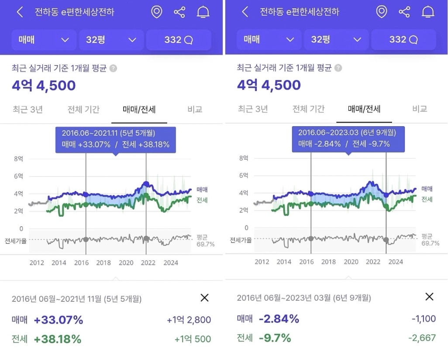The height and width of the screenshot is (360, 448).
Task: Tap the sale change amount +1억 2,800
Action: pos(189,320)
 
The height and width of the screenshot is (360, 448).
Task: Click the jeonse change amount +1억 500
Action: pos(193,339)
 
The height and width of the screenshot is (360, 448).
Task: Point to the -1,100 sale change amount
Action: pos(424,319)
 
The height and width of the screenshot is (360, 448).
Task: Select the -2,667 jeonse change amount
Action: pos(422,338)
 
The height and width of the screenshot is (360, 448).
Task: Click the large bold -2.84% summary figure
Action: pos(279,319)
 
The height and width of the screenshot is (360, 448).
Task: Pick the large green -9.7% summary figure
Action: pos(275,338)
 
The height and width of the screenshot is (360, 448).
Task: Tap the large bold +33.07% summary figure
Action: pos(58,320)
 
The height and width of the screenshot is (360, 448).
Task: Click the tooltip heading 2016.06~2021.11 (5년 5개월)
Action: pos(108,133)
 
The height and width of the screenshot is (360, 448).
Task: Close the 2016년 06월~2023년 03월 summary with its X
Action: pos(429,297)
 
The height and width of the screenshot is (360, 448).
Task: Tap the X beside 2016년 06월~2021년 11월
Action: pos(204,298)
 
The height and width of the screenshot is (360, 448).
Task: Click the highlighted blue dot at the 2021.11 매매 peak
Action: pos(146,184)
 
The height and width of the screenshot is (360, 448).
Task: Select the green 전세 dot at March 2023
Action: pos(386,206)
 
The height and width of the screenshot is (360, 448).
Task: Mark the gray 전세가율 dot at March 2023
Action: pos(386,240)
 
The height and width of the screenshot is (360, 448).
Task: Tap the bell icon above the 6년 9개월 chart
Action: pos(427,12)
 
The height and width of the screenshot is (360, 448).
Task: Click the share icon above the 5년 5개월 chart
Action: pos(179,12)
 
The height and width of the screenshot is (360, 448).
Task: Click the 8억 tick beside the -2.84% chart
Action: pos(244,158)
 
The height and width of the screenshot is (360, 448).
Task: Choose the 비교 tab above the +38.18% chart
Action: pos(195,109)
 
